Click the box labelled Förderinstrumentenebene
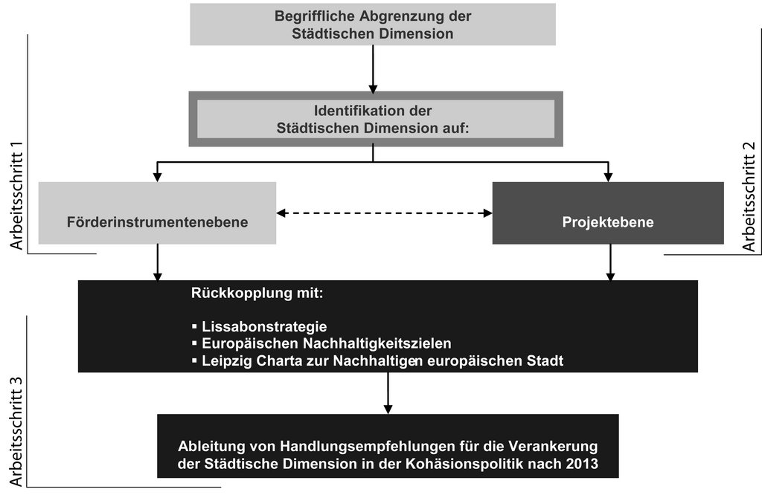coord(157,213)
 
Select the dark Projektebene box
coord(608,213)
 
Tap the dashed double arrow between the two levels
coord(385,213)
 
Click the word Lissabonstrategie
coord(264,326)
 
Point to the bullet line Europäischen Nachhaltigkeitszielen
coord(321,343)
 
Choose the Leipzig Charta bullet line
coord(377,361)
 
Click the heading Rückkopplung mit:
coord(257,293)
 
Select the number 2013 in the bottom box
coord(582,464)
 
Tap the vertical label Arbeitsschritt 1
coord(16,196)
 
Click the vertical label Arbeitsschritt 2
coord(749,196)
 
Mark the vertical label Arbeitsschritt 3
coord(16,430)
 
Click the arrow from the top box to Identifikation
coord(373,69)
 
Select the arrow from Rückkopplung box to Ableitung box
coord(388,393)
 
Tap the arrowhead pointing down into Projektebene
coord(608,178)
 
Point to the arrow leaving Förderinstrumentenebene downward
coord(157,262)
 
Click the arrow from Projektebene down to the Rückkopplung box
coord(610,262)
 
